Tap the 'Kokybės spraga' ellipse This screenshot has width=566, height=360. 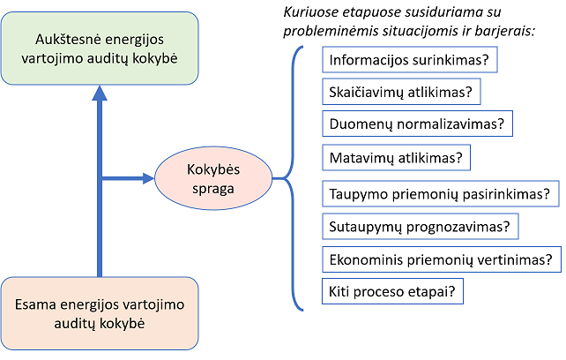[x=212, y=179]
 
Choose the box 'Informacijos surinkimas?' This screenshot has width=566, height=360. [x=409, y=61]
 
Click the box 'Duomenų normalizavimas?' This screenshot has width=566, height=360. [x=418, y=124]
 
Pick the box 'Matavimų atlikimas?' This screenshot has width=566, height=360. [x=397, y=159]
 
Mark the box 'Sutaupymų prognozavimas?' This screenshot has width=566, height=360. [x=419, y=227]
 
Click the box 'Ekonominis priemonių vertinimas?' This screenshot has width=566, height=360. [x=441, y=259]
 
